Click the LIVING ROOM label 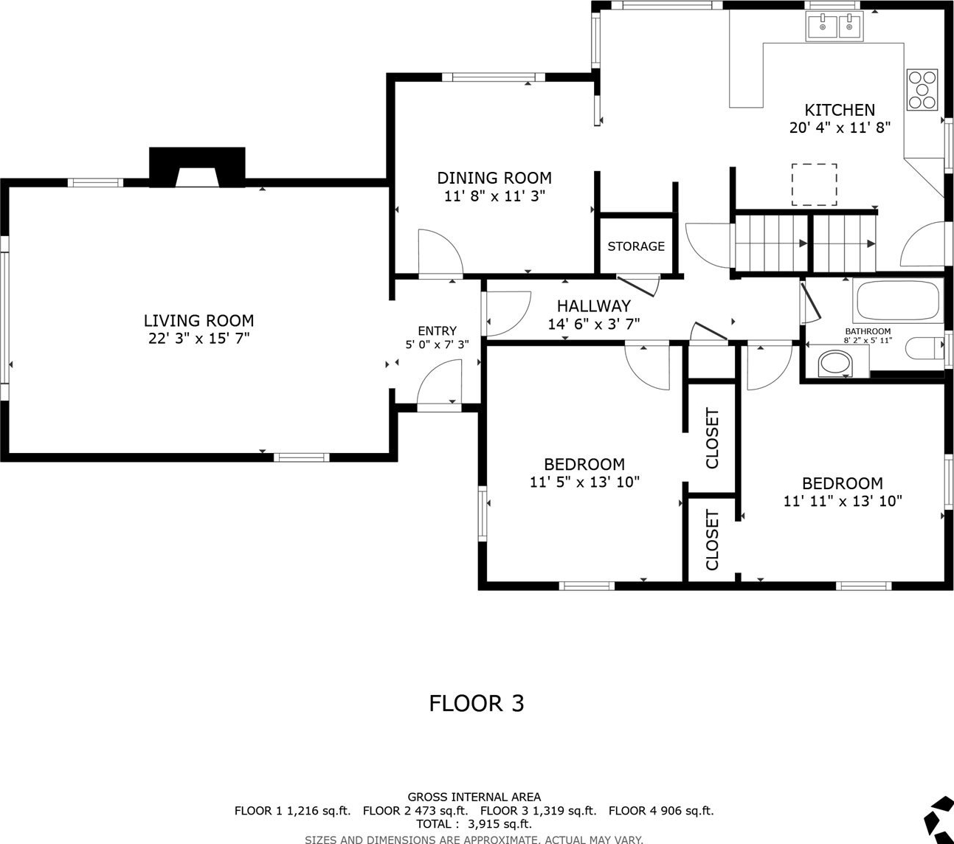pyautogui.click(x=198, y=321)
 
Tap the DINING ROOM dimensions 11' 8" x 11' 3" pyautogui.click(x=494, y=196)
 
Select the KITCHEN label pyautogui.click(x=840, y=110)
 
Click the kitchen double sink pyautogui.click(x=834, y=27)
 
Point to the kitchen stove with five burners pyautogui.click(x=922, y=89)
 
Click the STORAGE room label pyautogui.click(x=636, y=246)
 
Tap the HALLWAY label pyautogui.click(x=594, y=306)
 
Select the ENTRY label pyautogui.click(x=437, y=331)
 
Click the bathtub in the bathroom pyautogui.click(x=899, y=300)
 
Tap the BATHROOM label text pyautogui.click(x=868, y=331)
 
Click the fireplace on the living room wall pyautogui.click(x=197, y=167)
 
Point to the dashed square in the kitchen pyautogui.click(x=814, y=184)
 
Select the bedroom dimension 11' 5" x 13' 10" pyautogui.click(x=584, y=482)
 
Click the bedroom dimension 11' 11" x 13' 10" pyautogui.click(x=843, y=501)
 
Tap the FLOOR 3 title pyautogui.click(x=477, y=704)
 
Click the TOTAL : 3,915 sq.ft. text pyautogui.click(x=474, y=824)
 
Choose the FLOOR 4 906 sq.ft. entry pyautogui.click(x=661, y=811)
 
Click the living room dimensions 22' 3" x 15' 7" pyautogui.click(x=198, y=338)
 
